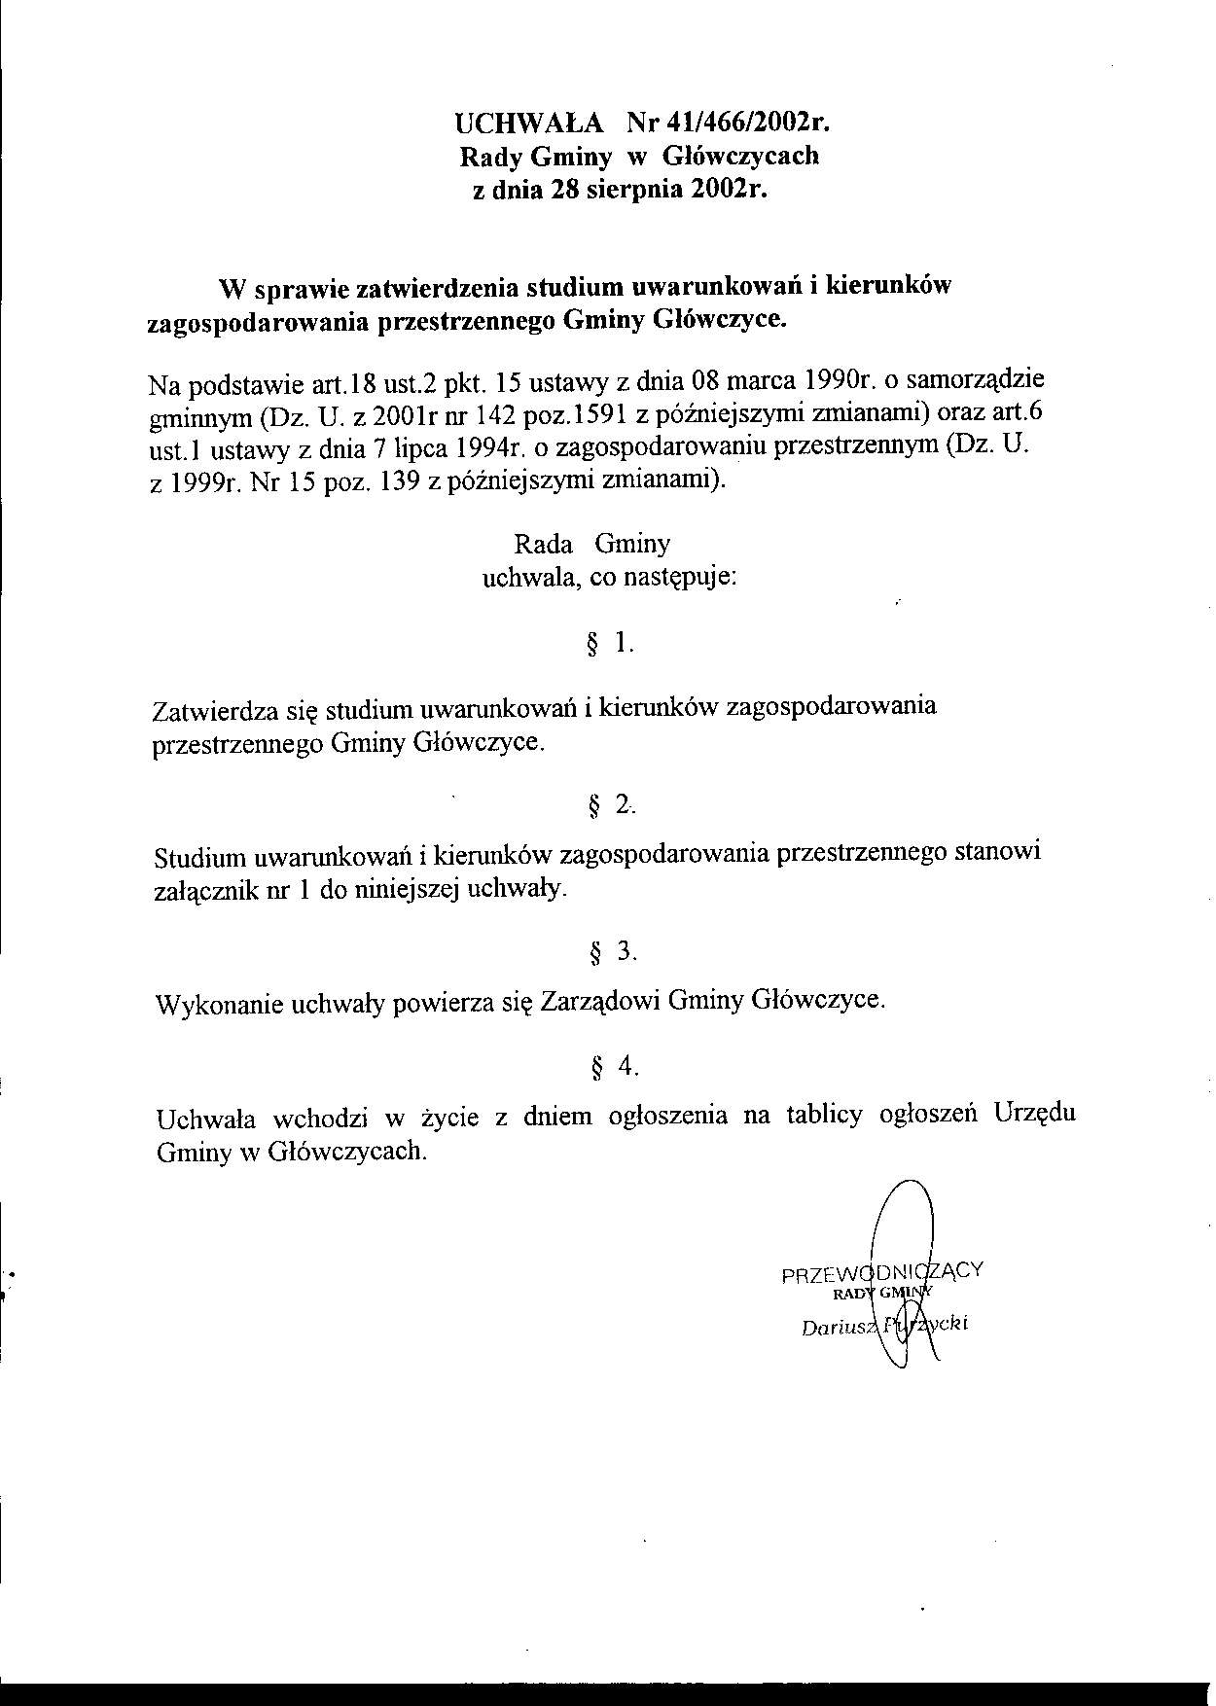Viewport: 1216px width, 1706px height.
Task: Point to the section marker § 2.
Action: [611, 805]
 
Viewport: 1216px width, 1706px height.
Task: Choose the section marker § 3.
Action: [612, 952]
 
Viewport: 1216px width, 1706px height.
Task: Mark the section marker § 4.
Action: [614, 1067]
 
